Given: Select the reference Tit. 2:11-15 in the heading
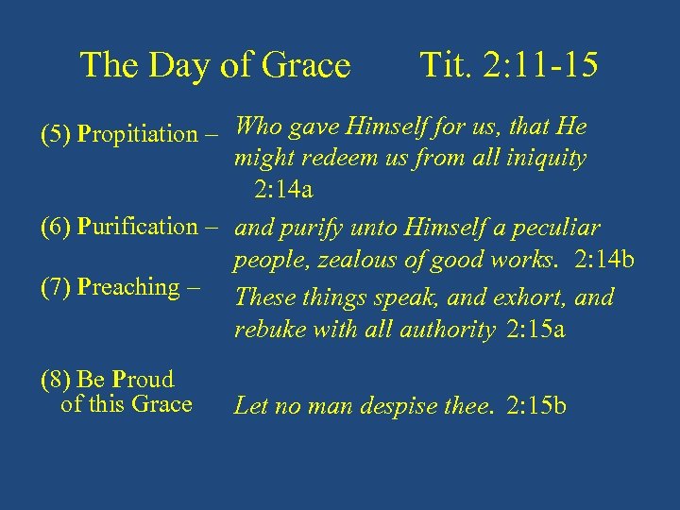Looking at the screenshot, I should (507, 65).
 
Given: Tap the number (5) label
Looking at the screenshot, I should (57, 134).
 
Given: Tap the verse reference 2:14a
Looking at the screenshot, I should (283, 190).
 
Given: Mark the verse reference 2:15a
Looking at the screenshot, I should (535, 330).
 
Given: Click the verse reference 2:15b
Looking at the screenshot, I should (536, 406).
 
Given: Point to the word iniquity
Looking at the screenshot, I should (549, 159).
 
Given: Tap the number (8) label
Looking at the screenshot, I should (57, 380).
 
